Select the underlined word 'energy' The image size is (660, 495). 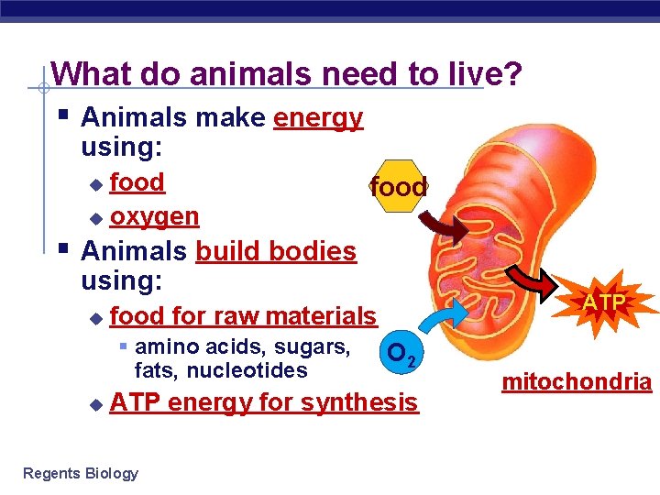[318, 118]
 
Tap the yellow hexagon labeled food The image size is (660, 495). [398, 187]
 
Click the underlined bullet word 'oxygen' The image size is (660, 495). [154, 216]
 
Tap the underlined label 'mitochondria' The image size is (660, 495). [577, 382]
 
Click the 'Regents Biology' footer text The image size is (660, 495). [81, 473]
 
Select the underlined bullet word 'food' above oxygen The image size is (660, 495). [137, 182]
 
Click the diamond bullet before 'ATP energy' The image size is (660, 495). [95, 404]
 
